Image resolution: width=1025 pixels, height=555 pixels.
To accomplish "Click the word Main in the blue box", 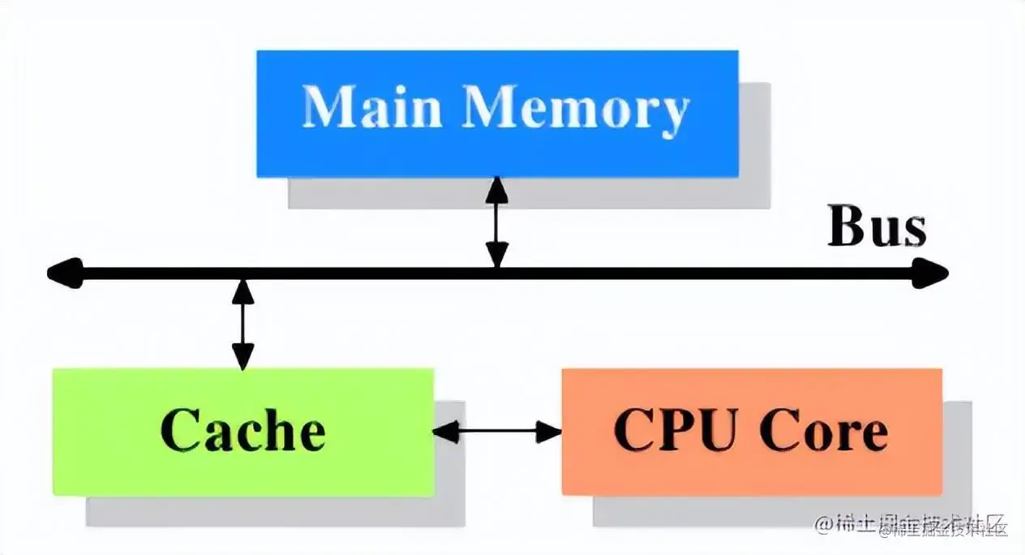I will click(371, 107).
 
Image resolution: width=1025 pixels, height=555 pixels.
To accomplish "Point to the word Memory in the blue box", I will click(577, 109).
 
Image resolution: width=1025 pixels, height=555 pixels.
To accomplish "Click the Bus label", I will click(876, 227).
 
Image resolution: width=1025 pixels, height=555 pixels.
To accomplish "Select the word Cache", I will click(242, 430).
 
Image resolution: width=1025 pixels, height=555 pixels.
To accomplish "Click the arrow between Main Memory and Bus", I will click(496, 223).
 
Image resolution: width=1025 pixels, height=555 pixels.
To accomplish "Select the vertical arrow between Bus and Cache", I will click(242, 325).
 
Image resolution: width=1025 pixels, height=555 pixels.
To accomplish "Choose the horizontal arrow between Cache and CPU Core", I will click(497, 432).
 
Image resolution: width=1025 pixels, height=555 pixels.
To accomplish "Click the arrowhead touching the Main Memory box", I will click(496, 189).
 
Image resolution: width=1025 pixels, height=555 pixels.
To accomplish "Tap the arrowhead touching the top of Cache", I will click(242, 357).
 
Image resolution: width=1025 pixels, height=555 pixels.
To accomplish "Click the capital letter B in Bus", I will click(846, 227).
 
